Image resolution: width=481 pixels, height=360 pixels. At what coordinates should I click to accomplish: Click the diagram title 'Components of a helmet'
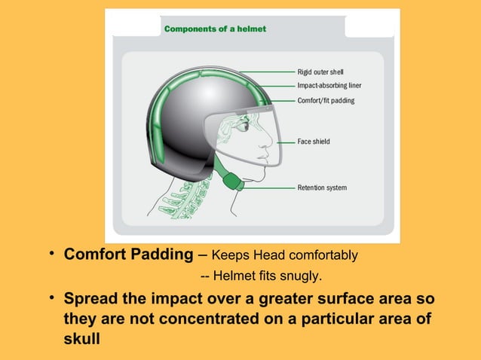point(215,29)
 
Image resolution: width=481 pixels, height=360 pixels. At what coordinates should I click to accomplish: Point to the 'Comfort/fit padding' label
point(326,100)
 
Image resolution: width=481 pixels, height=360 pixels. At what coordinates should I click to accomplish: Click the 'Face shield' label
point(314,142)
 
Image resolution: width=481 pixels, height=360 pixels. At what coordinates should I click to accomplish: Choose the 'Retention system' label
point(322,188)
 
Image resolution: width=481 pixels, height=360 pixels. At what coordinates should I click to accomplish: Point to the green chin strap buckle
point(234,182)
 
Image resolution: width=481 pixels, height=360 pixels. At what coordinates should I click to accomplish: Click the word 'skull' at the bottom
point(82,338)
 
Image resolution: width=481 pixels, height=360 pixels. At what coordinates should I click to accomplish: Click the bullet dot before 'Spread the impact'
point(53,299)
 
